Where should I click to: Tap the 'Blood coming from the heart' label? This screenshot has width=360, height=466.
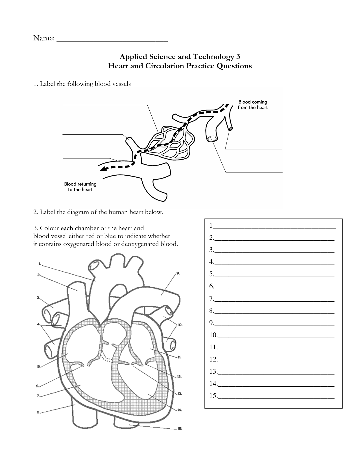pos(252,104)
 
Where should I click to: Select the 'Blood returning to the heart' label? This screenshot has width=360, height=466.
pos(80,187)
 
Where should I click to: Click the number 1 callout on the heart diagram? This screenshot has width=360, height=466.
pos(40,264)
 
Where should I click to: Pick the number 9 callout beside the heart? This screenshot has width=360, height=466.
pos(178,273)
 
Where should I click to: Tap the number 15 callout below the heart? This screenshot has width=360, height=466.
pos(180,428)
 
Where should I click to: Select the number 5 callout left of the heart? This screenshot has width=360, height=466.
pos(39,367)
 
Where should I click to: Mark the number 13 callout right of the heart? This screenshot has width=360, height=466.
pos(180,393)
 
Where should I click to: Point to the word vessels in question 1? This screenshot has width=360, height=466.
pos(121,84)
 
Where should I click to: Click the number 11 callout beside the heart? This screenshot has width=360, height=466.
pos(179,357)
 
